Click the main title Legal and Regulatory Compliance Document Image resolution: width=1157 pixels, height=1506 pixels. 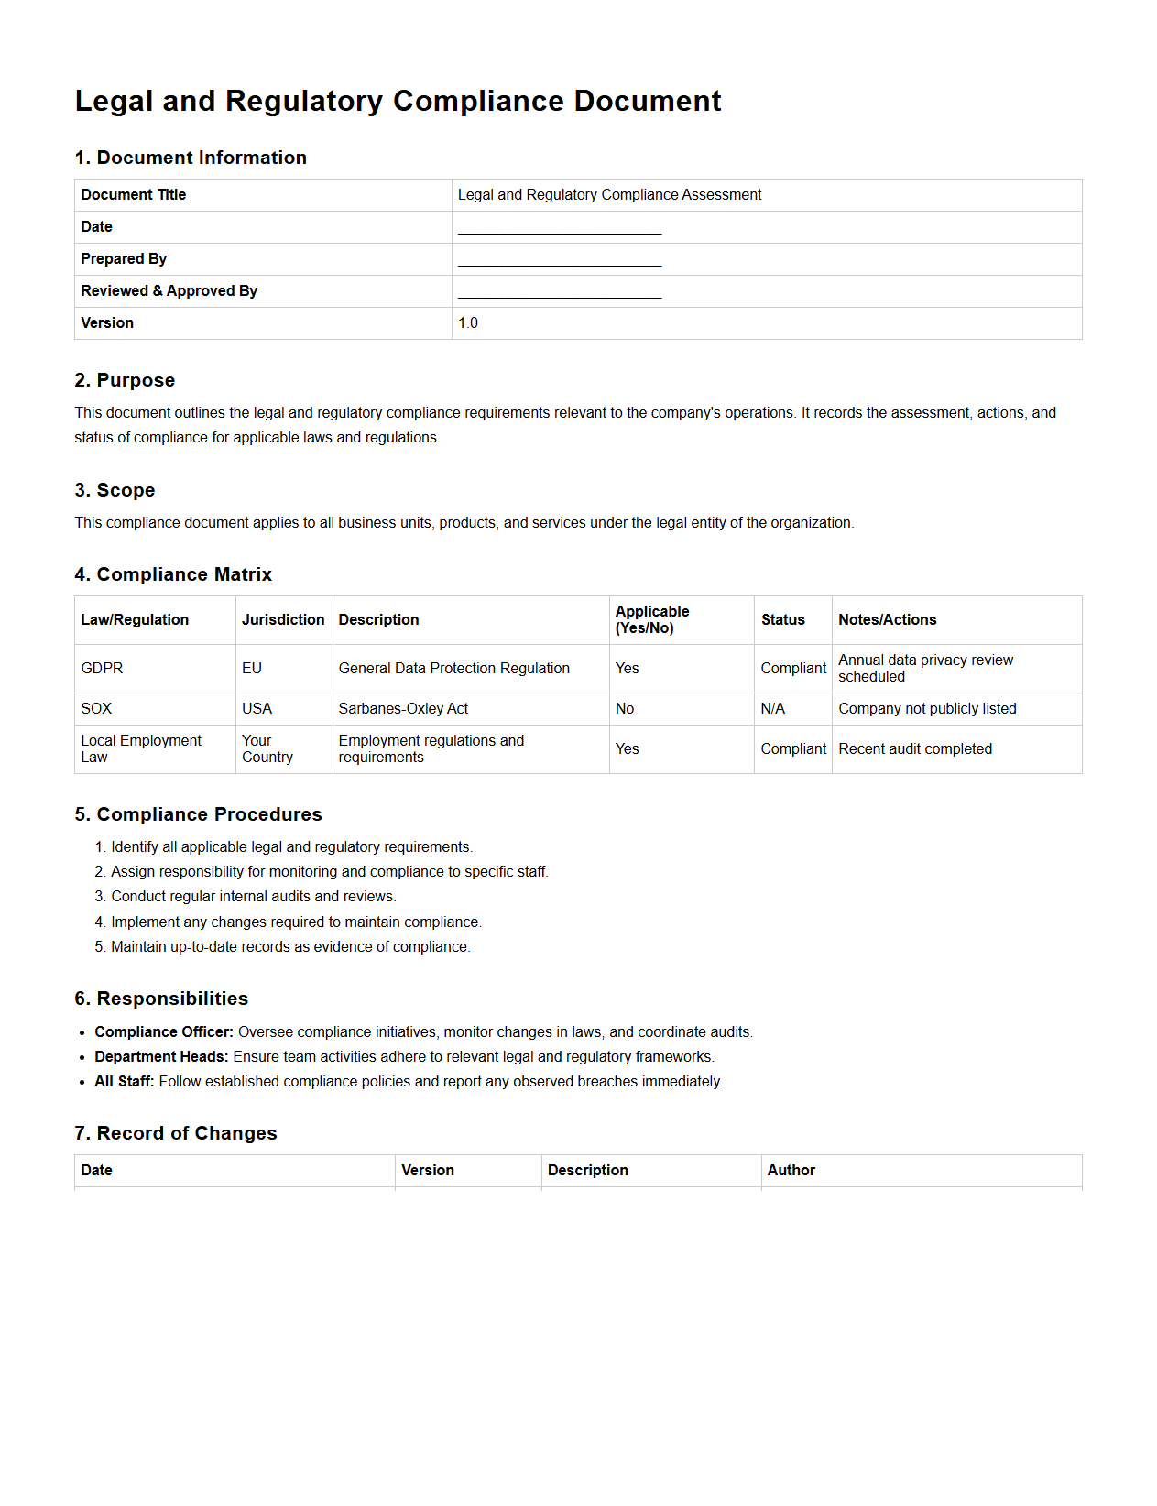[x=398, y=101]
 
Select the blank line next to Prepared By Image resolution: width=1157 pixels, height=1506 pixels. [x=559, y=260]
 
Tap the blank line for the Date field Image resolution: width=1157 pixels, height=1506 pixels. [x=559, y=228]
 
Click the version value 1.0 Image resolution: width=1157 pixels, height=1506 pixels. [x=468, y=323]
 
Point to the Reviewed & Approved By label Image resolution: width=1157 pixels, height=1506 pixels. [x=169, y=291]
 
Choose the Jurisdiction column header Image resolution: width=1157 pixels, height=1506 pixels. [x=283, y=620]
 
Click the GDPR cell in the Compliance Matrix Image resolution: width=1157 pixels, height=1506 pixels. [x=102, y=669]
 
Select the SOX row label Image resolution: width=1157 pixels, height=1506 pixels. [x=96, y=709]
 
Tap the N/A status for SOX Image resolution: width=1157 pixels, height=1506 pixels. [x=772, y=709]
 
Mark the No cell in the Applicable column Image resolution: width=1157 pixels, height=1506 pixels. [x=625, y=709]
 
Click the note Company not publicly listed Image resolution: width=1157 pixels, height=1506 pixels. [x=927, y=709]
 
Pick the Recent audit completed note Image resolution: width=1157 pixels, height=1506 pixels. [x=915, y=749]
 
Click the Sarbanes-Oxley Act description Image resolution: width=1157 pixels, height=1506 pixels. [x=403, y=709]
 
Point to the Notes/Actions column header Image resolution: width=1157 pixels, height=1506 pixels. [x=887, y=620]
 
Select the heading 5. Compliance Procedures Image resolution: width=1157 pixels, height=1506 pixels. [x=198, y=814]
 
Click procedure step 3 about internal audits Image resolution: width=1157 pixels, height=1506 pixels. [x=253, y=897]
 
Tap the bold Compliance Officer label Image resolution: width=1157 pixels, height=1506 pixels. [x=164, y=1032]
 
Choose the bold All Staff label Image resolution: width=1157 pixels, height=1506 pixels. [x=125, y=1082]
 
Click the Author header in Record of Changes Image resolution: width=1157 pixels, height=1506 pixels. [x=791, y=1171]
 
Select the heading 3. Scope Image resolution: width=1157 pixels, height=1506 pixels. [x=115, y=490]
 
